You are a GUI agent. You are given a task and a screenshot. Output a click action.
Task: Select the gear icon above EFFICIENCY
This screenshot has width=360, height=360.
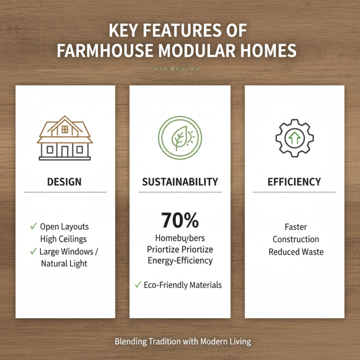click(294, 137)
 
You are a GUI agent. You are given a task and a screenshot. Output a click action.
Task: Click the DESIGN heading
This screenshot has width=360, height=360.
click(65, 182)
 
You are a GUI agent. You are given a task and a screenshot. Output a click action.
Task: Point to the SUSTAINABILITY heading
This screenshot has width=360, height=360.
click(180, 182)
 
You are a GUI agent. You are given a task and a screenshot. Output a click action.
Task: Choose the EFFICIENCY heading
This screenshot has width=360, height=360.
click(294, 182)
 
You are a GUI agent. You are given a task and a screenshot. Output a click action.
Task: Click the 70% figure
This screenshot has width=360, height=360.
click(180, 220)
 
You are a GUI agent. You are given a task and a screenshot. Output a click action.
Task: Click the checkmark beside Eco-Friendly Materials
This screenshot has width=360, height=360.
click(138, 284)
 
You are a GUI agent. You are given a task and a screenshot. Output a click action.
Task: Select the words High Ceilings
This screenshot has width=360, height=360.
click(63, 239)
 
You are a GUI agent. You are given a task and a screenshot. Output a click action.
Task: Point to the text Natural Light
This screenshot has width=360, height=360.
click(64, 264)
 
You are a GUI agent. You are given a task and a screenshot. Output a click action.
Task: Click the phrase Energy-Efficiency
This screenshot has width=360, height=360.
click(180, 261)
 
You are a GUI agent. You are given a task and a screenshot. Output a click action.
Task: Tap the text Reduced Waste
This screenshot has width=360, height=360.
click(296, 252)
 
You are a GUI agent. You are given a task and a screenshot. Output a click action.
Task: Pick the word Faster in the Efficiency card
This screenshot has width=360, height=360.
click(296, 227)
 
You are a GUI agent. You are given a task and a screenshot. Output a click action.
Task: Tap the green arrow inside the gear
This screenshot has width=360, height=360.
click(294, 138)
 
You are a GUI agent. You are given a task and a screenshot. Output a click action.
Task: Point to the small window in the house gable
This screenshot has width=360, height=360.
click(65, 129)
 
